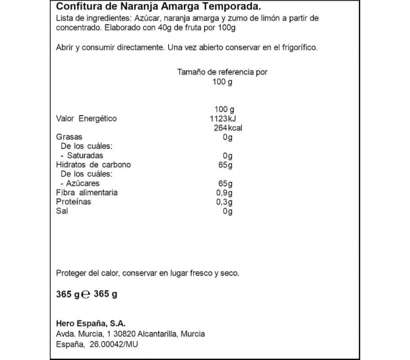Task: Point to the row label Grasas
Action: click(x=69, y=137)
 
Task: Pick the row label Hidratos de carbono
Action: click(x=93, y=165)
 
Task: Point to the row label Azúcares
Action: click(x=84, y=184)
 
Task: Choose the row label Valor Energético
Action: click(x=86, y=118)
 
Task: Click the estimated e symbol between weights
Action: click(x=86, y=294)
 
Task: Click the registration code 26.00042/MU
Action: click(x=115, y=344)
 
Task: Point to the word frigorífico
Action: click(x=298, y=48)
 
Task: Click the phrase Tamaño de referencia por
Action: click(x=222, y=72)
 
